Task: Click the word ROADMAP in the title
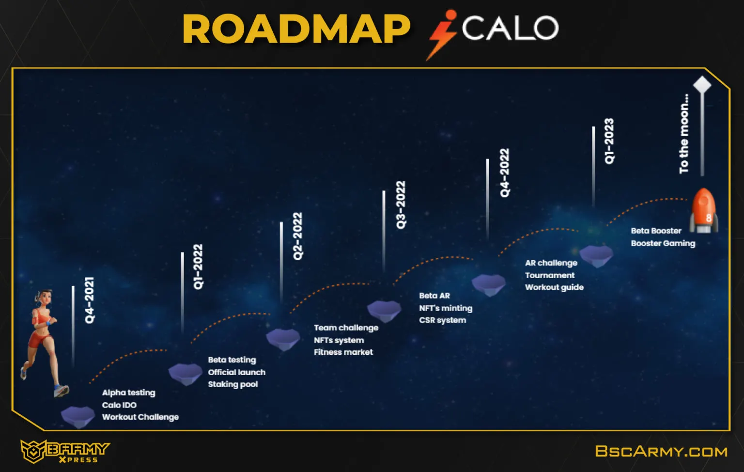point(296,29)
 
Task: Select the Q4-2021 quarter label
point(90,300)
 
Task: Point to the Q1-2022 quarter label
point(198,267)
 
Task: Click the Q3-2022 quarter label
point(401,205)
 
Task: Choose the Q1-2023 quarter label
point(609,142)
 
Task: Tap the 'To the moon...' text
point(684,134)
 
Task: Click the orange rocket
point(703,211)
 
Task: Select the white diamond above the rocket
point(702,85)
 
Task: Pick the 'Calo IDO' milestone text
point(119,405)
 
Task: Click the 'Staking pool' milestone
point(233,384)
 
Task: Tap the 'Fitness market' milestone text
point(343,352)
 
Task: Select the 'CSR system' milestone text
point(443,320)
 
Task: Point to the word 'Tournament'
point(550,275)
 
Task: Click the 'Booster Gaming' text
point(663,243)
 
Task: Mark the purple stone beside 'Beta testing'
point(186,374)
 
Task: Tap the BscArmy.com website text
point(661,451)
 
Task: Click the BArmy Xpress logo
point(65,451)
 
